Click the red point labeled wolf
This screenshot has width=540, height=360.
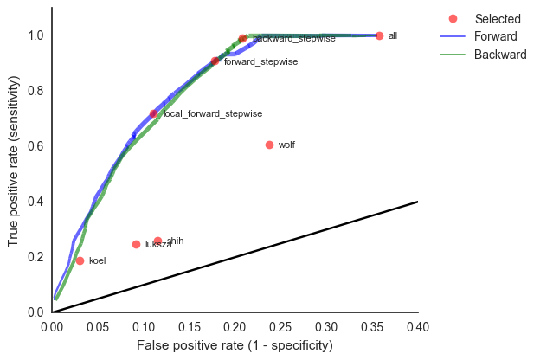269,145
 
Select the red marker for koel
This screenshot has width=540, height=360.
80,260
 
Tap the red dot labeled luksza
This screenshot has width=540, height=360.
136,244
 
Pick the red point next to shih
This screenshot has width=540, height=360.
157,241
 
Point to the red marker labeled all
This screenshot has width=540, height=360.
379,35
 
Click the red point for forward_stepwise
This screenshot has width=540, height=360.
215,61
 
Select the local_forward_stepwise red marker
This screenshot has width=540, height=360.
153,113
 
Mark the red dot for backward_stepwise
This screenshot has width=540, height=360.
242,38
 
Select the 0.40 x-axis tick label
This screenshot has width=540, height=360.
418,326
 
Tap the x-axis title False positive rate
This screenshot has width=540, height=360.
235,345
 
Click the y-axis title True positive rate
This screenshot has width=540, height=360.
13,159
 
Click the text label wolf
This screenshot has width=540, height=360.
286,145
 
